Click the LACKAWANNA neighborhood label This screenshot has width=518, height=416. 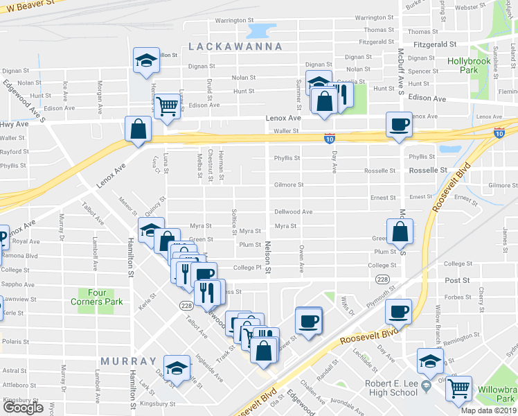click(235, 46)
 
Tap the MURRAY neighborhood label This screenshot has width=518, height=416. click(128, 362)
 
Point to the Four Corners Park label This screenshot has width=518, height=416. click(96, 297)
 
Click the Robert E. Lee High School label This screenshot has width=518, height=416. click(382, 387)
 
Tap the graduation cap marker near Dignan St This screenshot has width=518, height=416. click(147, 60)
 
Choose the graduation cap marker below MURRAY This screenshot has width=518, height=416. click(177, 367)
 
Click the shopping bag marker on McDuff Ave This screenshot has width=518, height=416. click(400, 232)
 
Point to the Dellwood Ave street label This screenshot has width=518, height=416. click(293, 212)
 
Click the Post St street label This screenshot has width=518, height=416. click(457, 280)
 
